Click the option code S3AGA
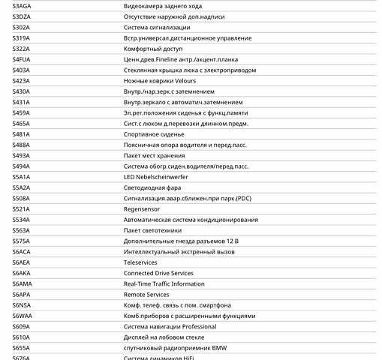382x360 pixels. point(22,6)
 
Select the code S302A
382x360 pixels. point(21,27)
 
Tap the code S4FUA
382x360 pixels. point(22,59)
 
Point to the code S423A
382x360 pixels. point(21,81)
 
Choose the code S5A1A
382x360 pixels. point(22,177)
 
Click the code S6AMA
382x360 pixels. point(23,284)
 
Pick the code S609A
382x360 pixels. point(21,327)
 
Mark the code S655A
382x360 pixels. point(21,348)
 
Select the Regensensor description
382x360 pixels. point(141,209)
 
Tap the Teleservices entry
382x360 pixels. point(140,262)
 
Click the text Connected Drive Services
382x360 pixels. point(158,274)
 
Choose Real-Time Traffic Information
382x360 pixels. point(164,284)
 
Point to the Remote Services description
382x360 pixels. point(146,295)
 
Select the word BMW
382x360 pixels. point(219,348)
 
